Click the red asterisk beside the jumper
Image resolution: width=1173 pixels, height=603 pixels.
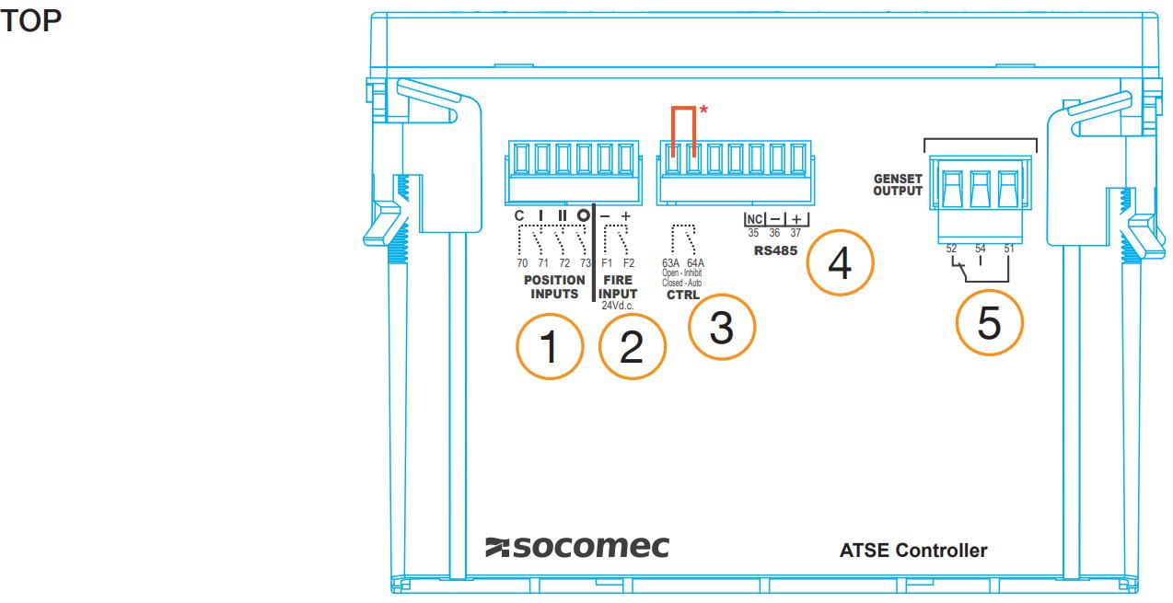coord(703,110)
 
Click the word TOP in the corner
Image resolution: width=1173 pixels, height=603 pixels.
coord(31,21)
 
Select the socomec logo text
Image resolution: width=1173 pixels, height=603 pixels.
coord(577,547)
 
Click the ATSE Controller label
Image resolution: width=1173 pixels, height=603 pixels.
coord(913,551)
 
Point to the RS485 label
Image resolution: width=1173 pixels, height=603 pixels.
coord(775,250)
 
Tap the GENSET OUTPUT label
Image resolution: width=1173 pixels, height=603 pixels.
coord(898,185)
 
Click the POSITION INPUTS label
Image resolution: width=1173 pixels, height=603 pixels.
coord(554,287)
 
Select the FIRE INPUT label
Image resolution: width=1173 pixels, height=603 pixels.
coord(618,287)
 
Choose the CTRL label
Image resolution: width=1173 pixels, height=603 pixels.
coord(683,295)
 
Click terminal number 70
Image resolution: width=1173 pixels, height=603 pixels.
coord(522,262)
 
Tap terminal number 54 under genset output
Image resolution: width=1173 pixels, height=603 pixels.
coord(981,249)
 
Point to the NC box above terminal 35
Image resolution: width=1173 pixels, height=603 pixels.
coord(754,219)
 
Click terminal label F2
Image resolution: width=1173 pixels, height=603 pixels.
coord(628,262)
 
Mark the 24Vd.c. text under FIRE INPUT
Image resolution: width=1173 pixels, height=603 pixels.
coord(618,306)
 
